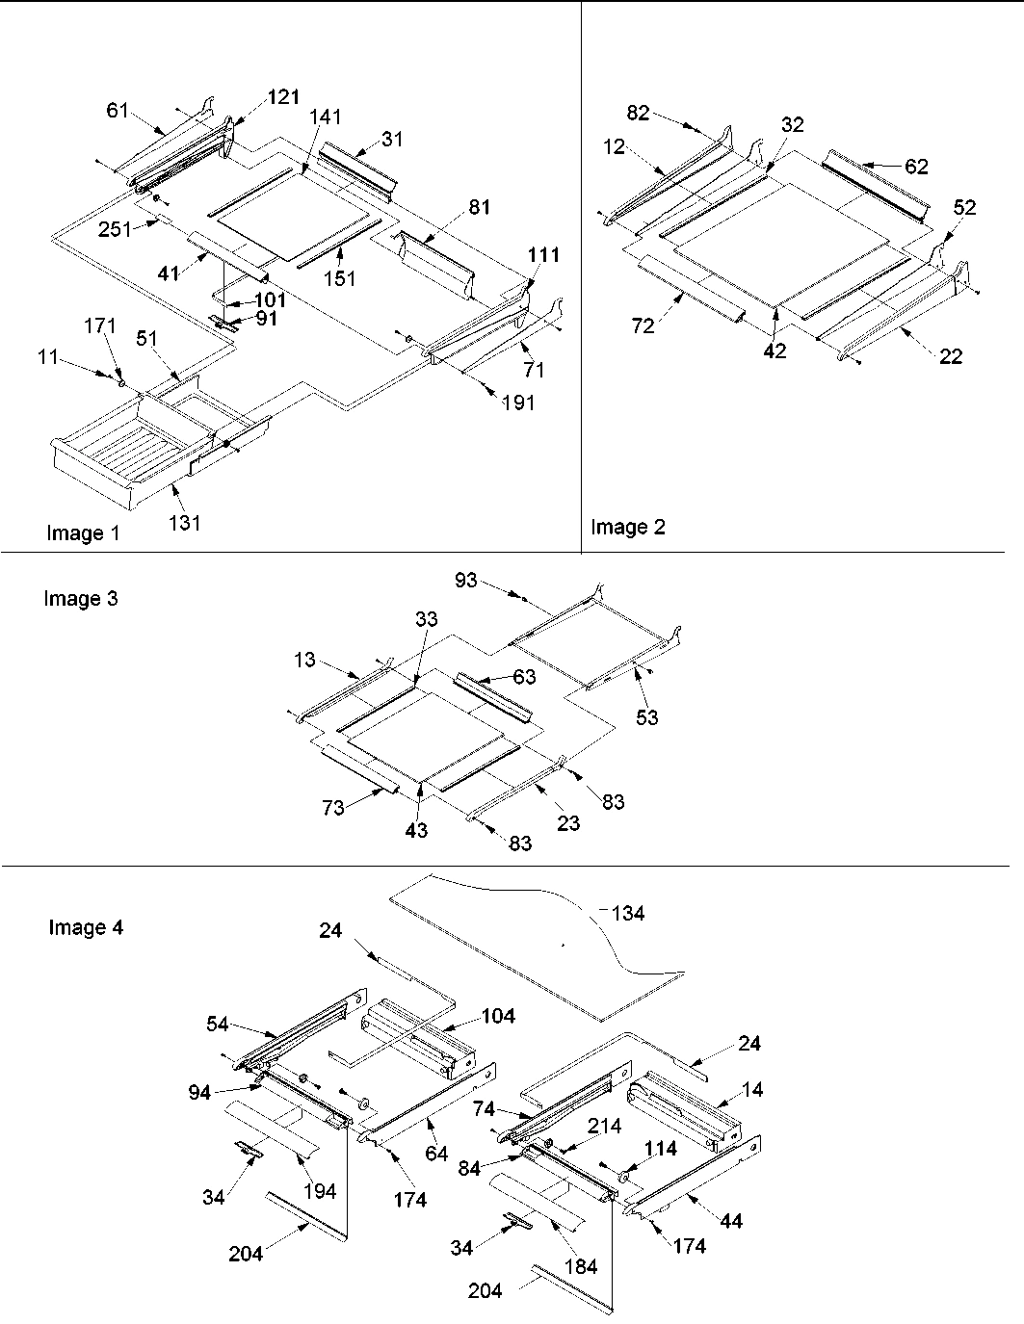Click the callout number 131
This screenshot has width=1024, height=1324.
pyautogui.click(x=185, y=523)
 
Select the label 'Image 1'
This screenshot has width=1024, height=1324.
pyautogui.click(x=83, y=533)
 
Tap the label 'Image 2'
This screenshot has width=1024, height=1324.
pyautogui.click(x=627, y=527)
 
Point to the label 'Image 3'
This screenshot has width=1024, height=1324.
pyautogui.click(x=80, y=599)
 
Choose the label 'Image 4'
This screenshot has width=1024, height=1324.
pyautogui.click(x=86, y=928)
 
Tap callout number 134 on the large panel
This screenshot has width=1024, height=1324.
pyautogui.click(x=628, y=914)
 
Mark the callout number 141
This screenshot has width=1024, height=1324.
pyautogui.click(x=325, y=117)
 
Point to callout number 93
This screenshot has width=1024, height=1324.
pyautogui.click(x=466, y=582)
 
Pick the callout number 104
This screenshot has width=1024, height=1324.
pyautogui.click(x=498, y=1015)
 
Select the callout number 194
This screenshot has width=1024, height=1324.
pyautogui.click(x=319, y=1191)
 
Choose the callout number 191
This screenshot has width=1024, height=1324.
pyautogui.click(x=517, y=403)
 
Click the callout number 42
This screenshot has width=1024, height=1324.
pyautogui.click(x=775, y=351)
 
